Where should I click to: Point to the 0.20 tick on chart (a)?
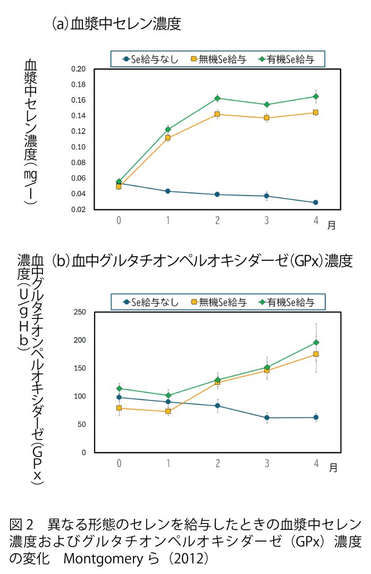coord(78,69)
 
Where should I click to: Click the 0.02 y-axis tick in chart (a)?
coord(78,209)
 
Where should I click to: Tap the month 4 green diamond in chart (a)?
coord(316,96)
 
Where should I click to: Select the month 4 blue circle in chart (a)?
coord(316,202)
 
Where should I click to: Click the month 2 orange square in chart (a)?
coord(217,114)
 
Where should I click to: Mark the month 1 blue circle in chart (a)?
coord(168,191)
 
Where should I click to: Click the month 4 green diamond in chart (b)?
coord(316,343)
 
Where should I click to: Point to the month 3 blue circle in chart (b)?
coord(267,418)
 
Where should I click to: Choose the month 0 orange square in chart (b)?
coord(119,408)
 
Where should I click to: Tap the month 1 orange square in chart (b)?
coord(168,411)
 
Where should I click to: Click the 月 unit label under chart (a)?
coord(332,225)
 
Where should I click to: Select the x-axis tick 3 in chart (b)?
coord(267,463)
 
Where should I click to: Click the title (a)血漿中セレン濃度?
coord(116,24)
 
